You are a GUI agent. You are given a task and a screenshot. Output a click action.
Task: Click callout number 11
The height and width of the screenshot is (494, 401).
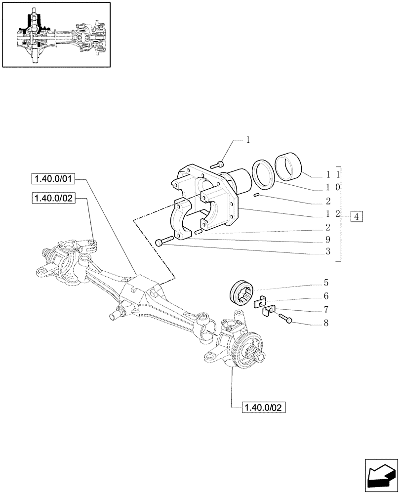331,174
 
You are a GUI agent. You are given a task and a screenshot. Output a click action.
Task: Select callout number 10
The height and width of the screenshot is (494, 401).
331,188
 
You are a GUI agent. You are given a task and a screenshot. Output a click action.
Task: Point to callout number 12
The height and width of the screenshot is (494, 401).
331,215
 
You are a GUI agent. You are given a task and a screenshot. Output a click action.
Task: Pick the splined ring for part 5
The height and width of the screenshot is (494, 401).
242,295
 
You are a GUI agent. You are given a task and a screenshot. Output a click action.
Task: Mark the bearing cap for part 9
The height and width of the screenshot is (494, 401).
185,217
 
